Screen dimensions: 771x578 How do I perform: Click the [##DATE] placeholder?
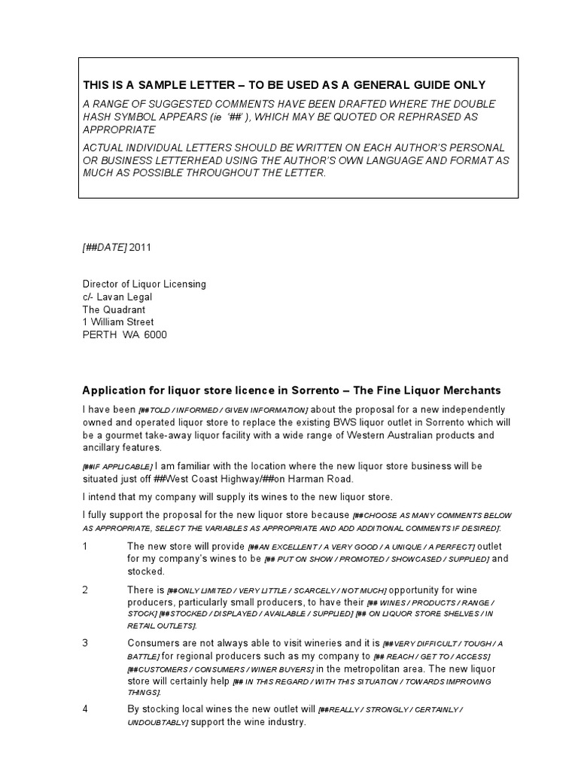click(x=105, y=247)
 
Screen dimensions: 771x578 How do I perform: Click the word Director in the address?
click(x=102, y=284)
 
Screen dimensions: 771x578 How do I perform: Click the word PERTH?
click(x=99, y=335)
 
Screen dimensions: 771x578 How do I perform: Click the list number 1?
click(x=85, y=546)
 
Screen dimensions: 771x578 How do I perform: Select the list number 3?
click(x=85, y=642)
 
